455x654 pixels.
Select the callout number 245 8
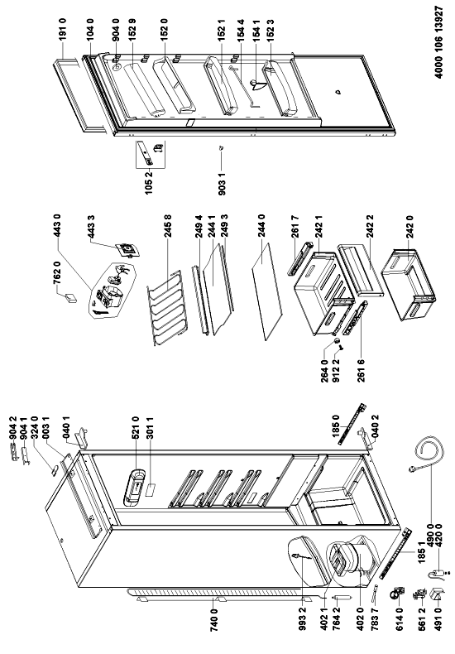(x=168, y=228)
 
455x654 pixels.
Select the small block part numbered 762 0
(x=71, y=298)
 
